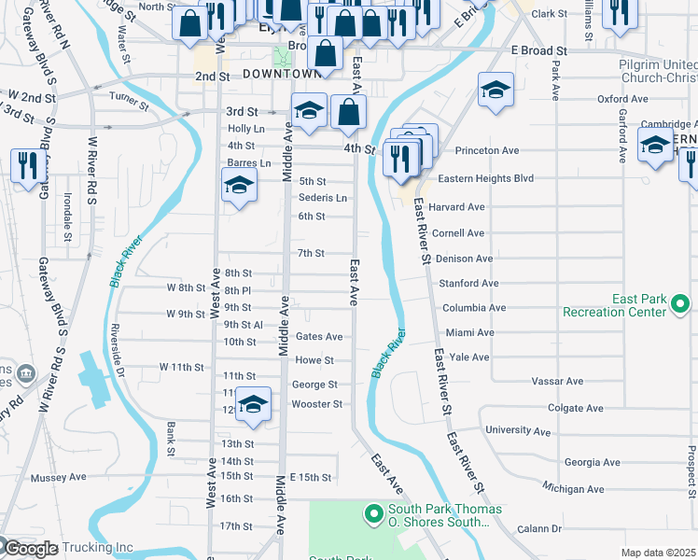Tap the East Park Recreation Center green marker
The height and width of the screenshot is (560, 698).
pyautogui.click(x=680, y=302)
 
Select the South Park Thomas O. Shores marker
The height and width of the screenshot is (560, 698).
pyautogui.click(x=373, y=513)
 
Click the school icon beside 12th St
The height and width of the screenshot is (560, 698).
pyautogui.click(x=253, y=404)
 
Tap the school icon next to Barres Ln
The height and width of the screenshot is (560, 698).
pyautogui.click(x=240, y=187)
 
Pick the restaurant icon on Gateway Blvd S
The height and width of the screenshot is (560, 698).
pyautogui.click(x=24, y=166)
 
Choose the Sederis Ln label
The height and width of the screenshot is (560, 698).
pyautogui.click(x=322, y=198)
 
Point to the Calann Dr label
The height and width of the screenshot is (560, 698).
pyautogui.click(x=542, y=529)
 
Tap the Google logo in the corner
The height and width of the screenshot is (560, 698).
pyautogui.click(x=30, y=549)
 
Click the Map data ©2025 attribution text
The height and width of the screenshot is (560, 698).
pyautogui.click(x=658, y=553)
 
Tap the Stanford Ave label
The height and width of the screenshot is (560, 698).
pyautogui.click(x=469, y=283)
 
